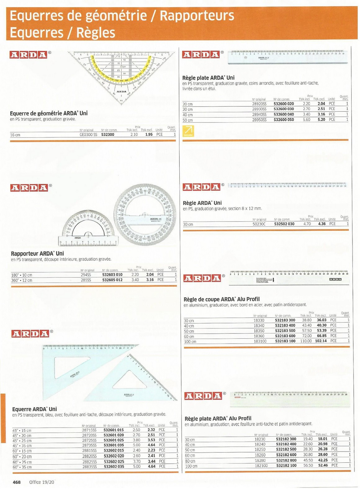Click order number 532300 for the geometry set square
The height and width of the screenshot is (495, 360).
coord(108,135)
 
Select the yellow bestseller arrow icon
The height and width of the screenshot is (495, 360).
coord(188,131)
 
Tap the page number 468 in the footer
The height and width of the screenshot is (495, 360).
coord(16,482)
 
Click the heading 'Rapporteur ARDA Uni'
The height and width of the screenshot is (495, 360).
coord(37,253)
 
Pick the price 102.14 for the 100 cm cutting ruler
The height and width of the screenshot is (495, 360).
coord(321,341)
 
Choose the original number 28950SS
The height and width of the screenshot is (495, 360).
coord(259,120)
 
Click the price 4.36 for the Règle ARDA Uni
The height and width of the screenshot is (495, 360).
coord(322,224)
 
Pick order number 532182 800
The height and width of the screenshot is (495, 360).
coord(286,460)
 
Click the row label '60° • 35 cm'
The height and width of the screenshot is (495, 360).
coord(22,467)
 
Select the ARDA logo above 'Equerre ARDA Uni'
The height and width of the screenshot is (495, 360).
coord(30,334)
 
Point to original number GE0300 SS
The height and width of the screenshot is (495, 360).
coord(88,135)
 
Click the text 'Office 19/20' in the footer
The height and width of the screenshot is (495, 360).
coord(42,482)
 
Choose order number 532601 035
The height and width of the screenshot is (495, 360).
coord(114,445)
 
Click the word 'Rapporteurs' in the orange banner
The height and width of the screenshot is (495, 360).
coord(197,16)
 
